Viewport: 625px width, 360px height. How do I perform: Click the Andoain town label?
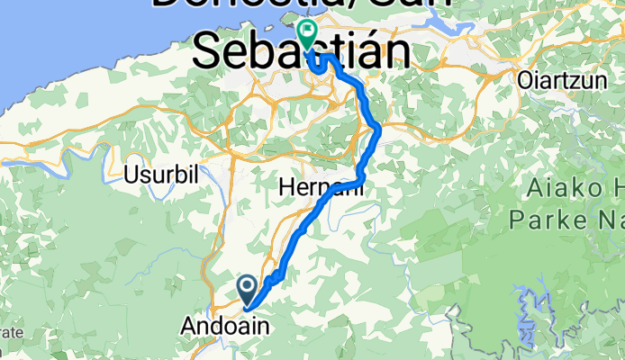(x=224, y=324)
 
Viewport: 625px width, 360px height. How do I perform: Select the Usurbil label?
(x=161, y=174)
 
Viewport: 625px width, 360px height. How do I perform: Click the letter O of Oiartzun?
(x=525, y=80)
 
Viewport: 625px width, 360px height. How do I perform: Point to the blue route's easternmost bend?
(x=380, y=130)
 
